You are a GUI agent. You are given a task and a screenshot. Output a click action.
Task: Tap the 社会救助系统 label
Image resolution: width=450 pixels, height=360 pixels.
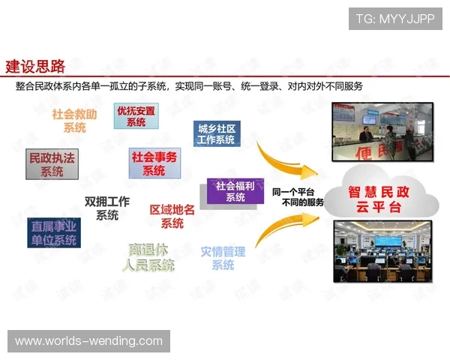(x=74, y=121)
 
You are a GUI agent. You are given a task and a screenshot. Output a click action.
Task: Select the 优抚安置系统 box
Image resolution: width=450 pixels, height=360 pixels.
(x=136, y=116)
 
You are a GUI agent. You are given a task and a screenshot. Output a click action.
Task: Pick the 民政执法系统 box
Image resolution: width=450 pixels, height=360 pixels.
(x=52, y=164)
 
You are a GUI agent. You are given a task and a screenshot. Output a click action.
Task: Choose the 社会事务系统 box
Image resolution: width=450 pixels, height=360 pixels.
(x=154, y=163)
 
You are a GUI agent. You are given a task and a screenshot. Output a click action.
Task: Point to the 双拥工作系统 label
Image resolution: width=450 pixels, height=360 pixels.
(x=107, y=208)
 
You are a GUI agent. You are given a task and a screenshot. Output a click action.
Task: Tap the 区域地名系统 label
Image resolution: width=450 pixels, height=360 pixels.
(x=172, y=216)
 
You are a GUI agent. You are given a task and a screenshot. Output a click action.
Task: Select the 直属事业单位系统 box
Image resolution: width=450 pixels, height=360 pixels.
(x=53, y=232)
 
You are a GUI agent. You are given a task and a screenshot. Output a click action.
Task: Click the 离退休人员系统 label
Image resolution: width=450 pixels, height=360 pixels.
(x=150, y=256)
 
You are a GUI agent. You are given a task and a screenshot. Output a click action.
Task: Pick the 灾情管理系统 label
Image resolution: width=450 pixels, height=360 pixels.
(x=223, y=257)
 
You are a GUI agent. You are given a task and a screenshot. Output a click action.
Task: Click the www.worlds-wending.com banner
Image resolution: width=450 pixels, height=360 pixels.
(x=89, y=341)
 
